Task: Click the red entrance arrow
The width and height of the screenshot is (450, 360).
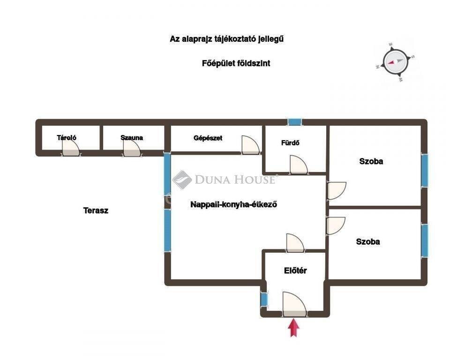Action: pos(293,328)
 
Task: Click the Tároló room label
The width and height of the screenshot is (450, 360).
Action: pos(67,138)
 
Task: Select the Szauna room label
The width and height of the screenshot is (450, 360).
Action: pos(132,138)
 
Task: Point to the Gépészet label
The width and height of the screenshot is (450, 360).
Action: pos(208,138)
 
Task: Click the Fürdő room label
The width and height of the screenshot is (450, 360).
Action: pos(290,142)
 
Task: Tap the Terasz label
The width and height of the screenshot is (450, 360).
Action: pos(96,210)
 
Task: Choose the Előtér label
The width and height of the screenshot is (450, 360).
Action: pos(295,270)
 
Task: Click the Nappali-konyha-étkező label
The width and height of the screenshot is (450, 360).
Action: pos(233,204)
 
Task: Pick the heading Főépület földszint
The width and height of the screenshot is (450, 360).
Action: pos(236,63)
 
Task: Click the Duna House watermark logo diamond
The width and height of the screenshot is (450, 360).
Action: pos(182,180)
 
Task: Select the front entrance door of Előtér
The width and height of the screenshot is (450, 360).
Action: pos(294,305)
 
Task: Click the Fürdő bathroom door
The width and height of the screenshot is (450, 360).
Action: pos(299,165)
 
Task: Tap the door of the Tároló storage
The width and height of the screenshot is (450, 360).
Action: pos(71,149)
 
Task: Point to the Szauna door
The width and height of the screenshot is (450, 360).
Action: pos(132,149)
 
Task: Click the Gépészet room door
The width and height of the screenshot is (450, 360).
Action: pos(250,145)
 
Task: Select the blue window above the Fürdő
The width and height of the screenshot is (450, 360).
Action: pos(295,122)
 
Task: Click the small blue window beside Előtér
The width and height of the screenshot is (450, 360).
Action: pos(264,300)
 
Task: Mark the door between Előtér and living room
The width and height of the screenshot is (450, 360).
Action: pos(295,243)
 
